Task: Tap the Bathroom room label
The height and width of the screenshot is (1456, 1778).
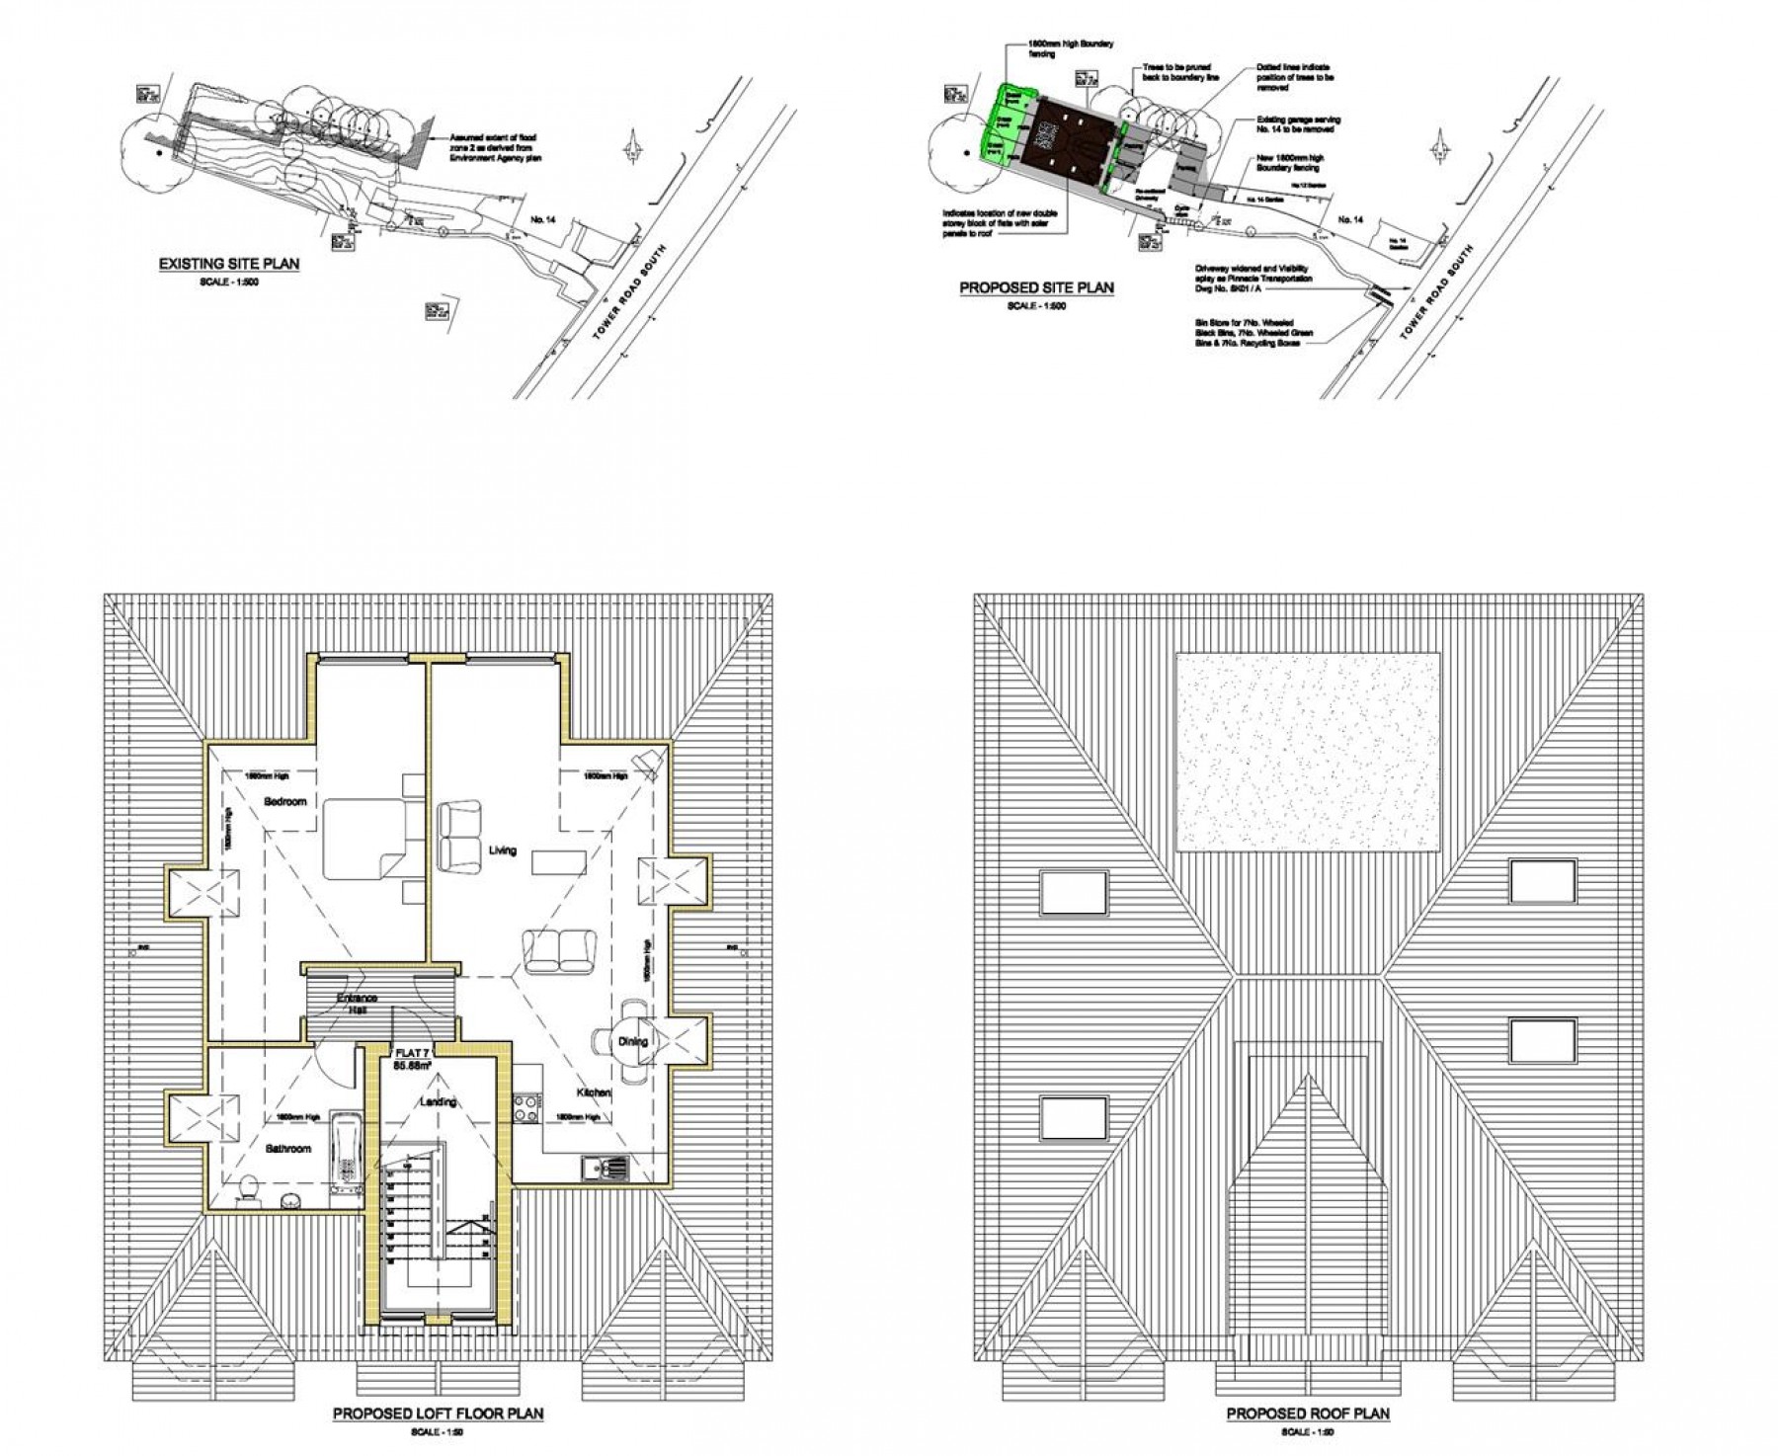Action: click(288, 1149)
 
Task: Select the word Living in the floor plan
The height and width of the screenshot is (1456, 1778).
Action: click(502, 849)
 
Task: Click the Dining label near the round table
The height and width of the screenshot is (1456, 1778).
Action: click(633, 1041)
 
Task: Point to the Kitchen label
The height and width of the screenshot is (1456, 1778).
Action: click(596, 1092)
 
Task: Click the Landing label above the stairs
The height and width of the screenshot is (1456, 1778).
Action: click(437, 1101)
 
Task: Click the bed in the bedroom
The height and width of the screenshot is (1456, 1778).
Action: click(365, 839)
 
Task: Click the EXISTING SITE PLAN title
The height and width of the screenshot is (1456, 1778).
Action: click(229, 265)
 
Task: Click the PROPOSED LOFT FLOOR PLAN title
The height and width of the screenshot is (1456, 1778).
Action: click(438, 1415)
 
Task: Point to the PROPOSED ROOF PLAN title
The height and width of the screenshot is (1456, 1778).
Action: click(1308, 1415)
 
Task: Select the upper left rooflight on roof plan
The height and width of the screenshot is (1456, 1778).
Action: click(1073, 892)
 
